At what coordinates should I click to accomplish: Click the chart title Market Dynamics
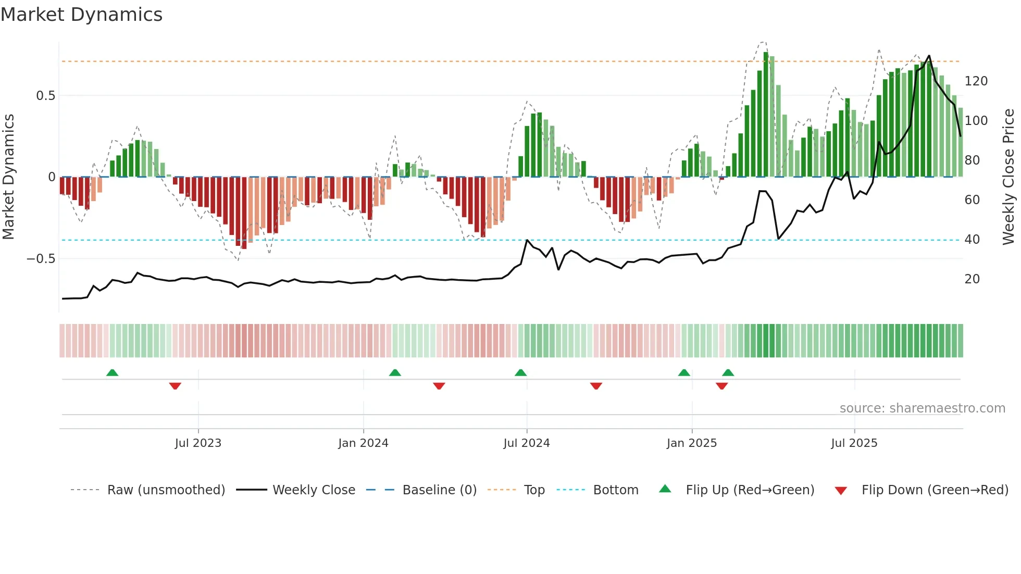(81, 15)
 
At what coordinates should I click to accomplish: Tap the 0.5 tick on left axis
(45, 96)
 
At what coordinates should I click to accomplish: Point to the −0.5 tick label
(41, 259)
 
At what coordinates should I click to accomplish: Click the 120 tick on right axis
(976, 81)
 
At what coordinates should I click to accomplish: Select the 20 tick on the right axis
(972, 279)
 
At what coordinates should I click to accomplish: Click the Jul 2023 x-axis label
(198, 443)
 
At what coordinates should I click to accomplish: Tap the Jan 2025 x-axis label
(691, 443)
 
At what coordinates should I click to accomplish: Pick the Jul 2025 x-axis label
(854, 443)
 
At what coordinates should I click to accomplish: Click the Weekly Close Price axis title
(1008, 177)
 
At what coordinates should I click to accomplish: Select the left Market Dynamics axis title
(8, 177)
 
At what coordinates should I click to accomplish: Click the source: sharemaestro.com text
(922, 408)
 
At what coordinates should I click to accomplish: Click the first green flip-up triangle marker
(112, 372)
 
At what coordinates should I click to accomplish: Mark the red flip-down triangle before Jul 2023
(175, 386)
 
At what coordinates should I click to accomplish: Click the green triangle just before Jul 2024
(520, 372)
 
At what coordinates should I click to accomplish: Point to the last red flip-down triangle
(721, 386)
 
